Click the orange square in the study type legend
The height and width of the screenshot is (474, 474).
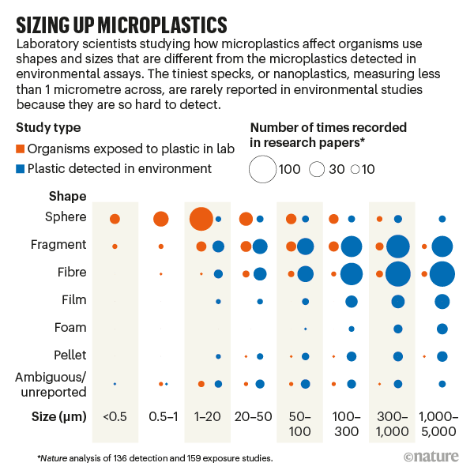click(21, 149)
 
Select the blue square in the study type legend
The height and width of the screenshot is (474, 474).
click(21, 168)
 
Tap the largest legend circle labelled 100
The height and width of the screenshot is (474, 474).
click(262, 168)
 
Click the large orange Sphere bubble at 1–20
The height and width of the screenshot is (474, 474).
click(201, 218)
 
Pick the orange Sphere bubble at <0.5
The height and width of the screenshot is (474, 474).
click(115, 219)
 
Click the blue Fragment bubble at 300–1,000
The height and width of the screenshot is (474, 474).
click(398, 246)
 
